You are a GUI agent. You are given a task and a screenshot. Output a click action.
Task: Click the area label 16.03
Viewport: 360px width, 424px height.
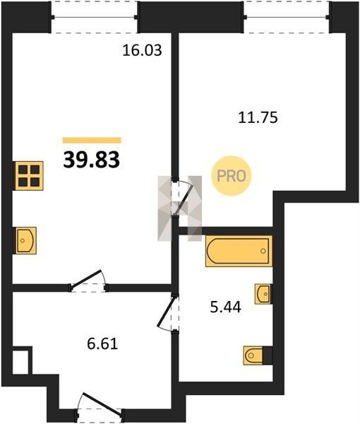tap(142, 50)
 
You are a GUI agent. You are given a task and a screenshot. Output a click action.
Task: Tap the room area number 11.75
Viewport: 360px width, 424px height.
tap(258, 118)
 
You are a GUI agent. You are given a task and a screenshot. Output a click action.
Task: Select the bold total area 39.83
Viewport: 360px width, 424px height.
tap(92, 160)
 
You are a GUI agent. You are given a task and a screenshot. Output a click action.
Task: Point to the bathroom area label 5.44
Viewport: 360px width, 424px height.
tap(225, 307)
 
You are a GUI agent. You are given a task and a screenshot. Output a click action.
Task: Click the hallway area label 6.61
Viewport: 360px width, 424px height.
tap(102, 344)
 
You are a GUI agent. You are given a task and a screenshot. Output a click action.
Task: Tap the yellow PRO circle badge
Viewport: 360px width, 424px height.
tap(232, 176)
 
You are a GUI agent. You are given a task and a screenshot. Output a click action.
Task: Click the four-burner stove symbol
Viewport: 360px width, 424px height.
tap(29, 176)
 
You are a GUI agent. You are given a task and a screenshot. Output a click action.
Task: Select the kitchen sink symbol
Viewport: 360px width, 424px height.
tap(25, 240)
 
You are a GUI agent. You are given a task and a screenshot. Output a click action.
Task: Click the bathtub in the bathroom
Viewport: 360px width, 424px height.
tap(239, 251)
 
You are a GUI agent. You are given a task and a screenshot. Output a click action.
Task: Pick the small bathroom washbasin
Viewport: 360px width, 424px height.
tap(263, 294)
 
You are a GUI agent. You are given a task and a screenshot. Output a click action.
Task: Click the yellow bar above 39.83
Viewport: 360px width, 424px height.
tap(92, 140)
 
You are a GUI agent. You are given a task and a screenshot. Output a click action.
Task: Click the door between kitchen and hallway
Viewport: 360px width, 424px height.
tap(88, 281)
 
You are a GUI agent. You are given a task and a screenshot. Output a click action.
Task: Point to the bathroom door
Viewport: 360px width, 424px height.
tap(168, 313)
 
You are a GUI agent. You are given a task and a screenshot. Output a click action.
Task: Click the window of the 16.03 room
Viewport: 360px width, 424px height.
tap(95, 17)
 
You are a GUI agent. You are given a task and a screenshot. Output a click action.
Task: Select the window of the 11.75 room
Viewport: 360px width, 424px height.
tap(287, 17)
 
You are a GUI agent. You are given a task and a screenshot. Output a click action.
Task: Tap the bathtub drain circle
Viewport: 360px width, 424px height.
tap(263, 251)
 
